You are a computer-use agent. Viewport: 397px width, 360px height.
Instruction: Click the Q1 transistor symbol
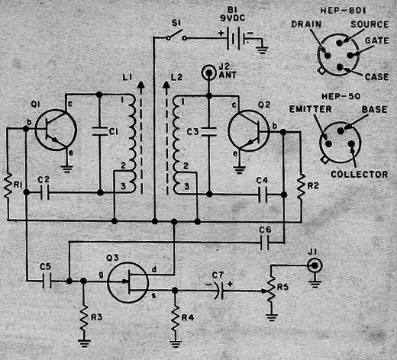point(56,130)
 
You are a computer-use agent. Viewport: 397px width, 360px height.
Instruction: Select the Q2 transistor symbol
point(249,130)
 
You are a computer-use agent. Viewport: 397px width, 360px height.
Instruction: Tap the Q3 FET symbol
point(127,282)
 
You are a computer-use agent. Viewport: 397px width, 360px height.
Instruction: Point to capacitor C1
point(100,131)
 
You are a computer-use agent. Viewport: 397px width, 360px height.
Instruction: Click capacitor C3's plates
point(209,131)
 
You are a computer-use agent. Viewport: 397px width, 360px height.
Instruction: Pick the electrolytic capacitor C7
point(220,291)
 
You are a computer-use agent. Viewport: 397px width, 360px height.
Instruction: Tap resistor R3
point(84,317)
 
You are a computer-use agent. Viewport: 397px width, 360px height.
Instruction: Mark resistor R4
point(175,317)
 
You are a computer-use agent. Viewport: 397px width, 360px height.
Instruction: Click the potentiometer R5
point(271,290)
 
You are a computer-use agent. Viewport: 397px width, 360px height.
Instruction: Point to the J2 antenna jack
point(209,73)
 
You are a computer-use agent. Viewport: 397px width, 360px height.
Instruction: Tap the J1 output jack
point(315,265)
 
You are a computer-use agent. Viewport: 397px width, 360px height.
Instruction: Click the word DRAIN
point(306,24)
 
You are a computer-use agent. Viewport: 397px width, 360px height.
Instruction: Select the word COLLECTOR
point(360,174)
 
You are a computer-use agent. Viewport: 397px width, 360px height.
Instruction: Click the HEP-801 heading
point(343,10)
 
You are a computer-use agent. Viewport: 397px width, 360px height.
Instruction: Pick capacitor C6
point(265,243)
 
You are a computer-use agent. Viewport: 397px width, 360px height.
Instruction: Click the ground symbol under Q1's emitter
point(66,169)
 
